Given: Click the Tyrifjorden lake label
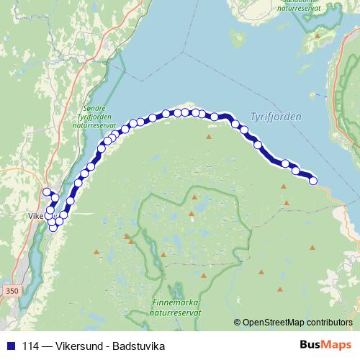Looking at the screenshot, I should click(x=276, y=116).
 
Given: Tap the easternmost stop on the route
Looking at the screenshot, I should click(x=313, y=180).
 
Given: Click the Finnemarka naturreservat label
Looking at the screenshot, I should click(x=176, y=308).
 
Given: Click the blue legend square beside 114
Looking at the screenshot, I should click(x=7, y=345).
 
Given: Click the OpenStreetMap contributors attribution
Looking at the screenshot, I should click(x=298, y=322).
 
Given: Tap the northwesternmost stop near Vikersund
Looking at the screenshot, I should click(x=47, y=192).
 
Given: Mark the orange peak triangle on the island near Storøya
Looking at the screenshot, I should click(x=318, y=34).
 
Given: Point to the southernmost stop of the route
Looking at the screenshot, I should click(x=53, y=228).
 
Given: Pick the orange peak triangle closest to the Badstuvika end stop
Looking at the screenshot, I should click(x=284, y=186).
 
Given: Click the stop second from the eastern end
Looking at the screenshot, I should click(x=295, y=170).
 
